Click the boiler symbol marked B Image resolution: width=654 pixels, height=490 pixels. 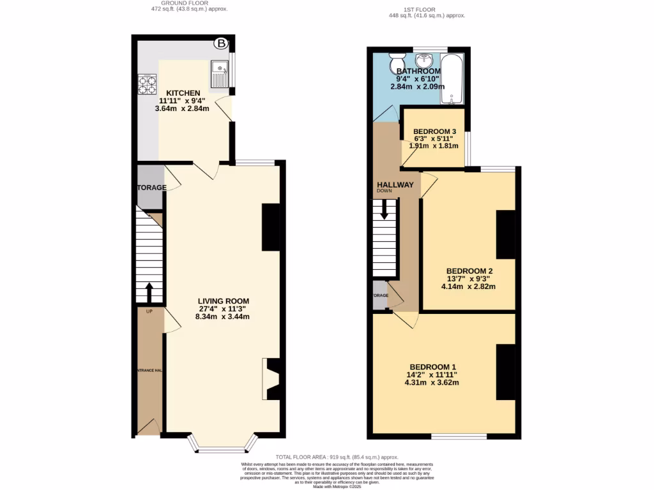point(221,43)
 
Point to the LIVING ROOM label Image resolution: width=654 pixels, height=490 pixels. point(223,301)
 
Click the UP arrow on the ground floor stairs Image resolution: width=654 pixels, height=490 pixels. point(149,293)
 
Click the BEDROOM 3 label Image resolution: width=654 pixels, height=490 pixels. point(434,131)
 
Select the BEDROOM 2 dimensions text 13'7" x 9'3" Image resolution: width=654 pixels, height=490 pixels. point(469,279)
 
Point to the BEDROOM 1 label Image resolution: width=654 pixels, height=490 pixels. point(432,367)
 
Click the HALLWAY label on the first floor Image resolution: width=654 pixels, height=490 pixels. point(395,185)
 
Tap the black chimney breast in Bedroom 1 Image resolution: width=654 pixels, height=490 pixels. point(505,372)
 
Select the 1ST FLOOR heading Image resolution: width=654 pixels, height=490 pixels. point(420,10)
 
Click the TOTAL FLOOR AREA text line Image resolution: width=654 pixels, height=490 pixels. point(337,457)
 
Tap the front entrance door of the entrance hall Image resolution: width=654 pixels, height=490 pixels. point(149,428)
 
